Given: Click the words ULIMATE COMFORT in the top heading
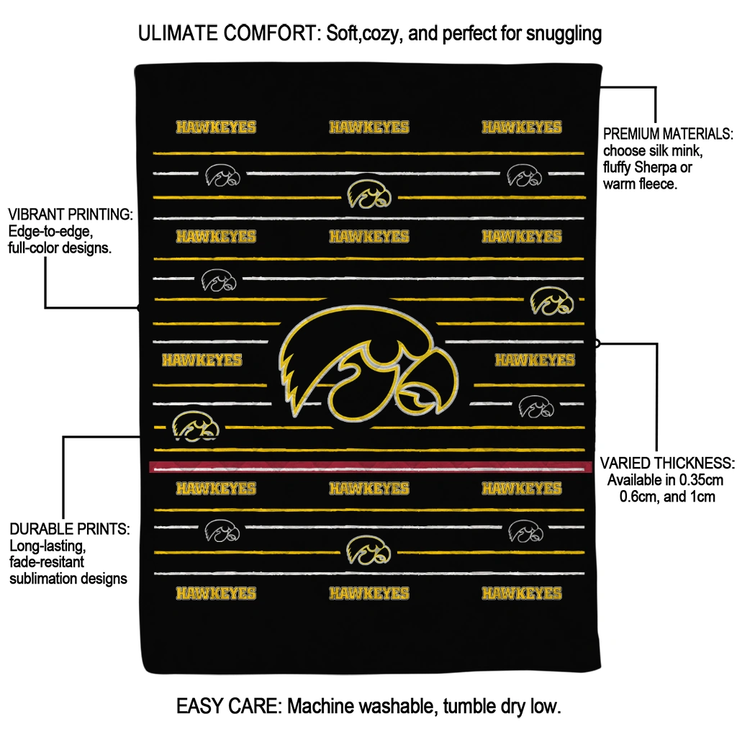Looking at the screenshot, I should (x=228, y=33).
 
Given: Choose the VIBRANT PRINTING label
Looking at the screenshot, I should (x=70, y=215).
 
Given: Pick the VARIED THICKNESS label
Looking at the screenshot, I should (x=667, y=463).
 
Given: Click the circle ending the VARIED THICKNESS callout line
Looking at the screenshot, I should (x=597, y=343).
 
